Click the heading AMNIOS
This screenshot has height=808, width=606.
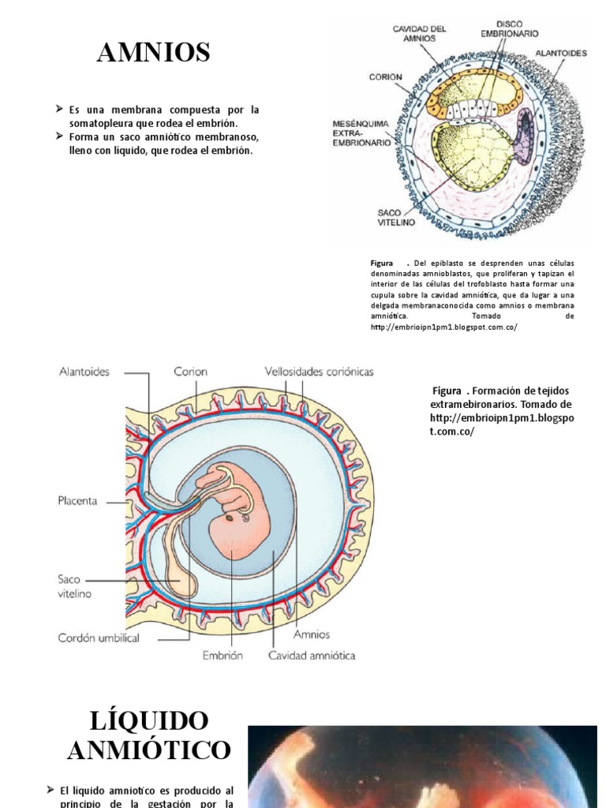coord(153,53)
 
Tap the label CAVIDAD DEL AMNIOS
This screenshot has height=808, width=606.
coord(420,33)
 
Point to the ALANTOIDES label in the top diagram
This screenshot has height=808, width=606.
coord(561,53)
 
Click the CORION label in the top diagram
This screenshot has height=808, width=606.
coord(385,77)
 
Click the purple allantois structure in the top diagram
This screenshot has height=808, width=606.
coord(523,136)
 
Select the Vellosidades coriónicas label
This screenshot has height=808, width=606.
coord(319,371)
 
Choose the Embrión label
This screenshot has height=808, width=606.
coord(222,655)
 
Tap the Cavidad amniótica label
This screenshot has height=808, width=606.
coord(312,655)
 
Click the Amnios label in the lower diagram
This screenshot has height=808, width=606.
coord(312,634)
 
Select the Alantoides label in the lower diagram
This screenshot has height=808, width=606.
coord(84,371)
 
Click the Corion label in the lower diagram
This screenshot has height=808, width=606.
coord(190,371)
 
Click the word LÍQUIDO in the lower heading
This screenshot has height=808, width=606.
coord(149,720)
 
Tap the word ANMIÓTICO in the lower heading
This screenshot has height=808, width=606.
coord(149,750)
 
